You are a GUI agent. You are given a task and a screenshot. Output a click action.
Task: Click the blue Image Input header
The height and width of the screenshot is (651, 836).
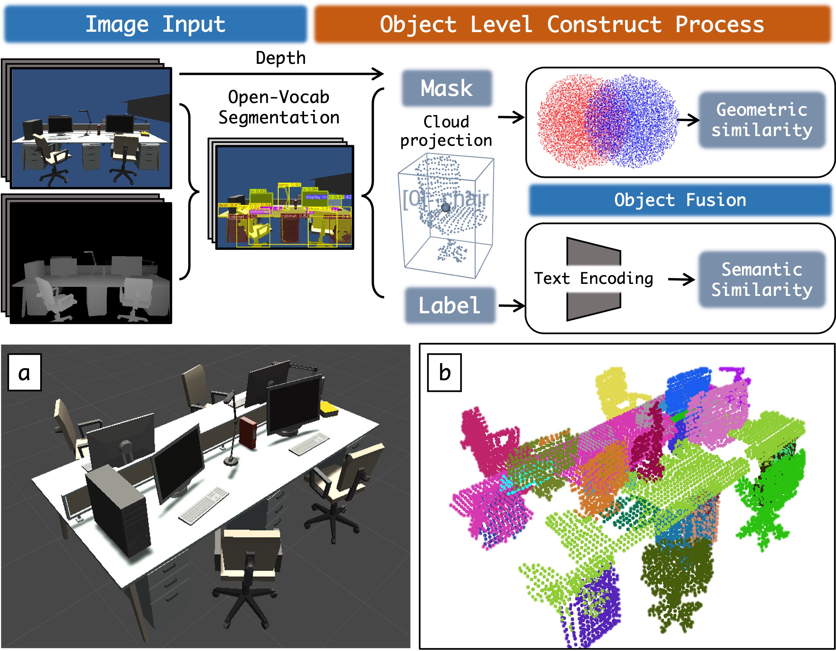pos(155,24)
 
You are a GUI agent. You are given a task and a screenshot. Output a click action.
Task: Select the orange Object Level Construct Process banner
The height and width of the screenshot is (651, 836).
pos(572,24)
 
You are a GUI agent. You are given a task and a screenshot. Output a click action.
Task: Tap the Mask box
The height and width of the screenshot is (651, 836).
pos(446,88)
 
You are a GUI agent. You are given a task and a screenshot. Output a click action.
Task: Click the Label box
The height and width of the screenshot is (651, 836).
pos(449,305)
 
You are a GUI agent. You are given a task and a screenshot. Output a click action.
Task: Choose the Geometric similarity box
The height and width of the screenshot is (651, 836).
pos(762,120)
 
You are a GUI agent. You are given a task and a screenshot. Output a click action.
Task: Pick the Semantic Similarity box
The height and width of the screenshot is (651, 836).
pos(762,280)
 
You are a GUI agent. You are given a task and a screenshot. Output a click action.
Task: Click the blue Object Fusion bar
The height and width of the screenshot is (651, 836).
pos(680,200)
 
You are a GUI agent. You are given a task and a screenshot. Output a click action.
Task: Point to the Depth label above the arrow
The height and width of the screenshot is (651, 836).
pos(281,58)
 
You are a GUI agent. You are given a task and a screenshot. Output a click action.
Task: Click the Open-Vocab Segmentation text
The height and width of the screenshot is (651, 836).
pos(279,107)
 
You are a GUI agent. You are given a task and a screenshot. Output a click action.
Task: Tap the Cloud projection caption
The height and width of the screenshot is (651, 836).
pos(446,131)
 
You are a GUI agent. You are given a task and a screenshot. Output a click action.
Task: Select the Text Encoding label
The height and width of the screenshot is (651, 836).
pos(593,279)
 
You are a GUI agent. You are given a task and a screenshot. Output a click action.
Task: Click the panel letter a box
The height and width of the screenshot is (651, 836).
pos(24,372)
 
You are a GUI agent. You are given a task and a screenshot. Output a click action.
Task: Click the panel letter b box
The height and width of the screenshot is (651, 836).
pos(444,372)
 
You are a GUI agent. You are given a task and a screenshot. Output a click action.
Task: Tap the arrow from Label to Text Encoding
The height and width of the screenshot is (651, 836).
pos(512,306)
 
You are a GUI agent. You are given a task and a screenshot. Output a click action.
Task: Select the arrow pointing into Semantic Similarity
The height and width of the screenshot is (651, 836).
pos(681,279)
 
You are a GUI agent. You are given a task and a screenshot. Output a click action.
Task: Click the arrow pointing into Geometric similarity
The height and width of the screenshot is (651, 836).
pos(688,120)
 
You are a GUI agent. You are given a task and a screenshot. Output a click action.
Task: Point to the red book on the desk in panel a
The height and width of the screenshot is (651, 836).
pos(248,432)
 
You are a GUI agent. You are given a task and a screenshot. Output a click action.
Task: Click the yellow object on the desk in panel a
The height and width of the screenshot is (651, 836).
pos(328,409)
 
